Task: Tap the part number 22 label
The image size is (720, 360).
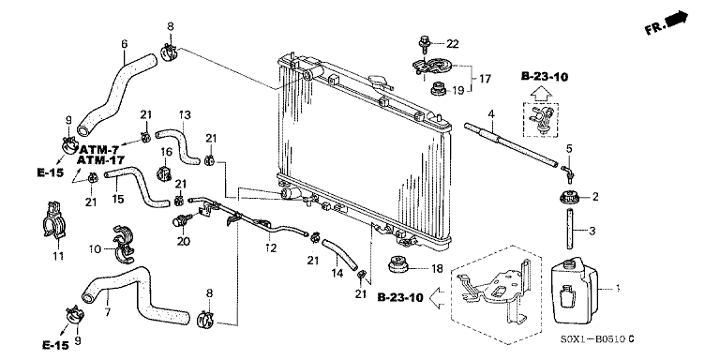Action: pos(453,44)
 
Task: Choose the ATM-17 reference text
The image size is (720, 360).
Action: pos(100,160)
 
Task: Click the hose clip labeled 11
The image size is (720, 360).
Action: pos(55,229)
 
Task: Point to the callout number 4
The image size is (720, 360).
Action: pos(490,115)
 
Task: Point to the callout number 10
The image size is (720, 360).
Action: pos(94,248)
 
